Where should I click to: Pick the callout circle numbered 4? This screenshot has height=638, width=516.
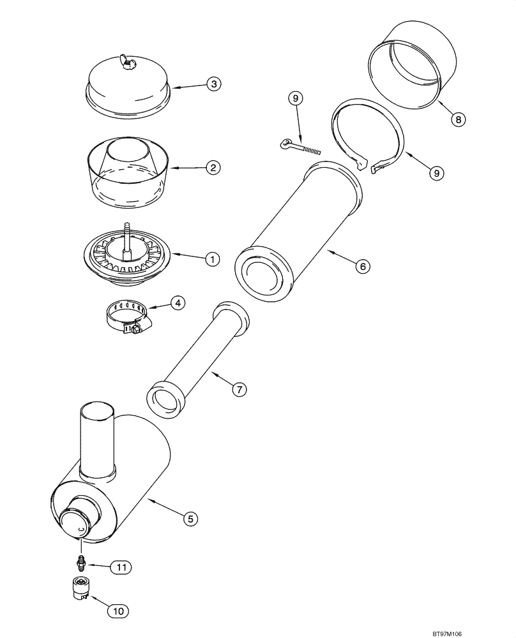(x=178, y=303)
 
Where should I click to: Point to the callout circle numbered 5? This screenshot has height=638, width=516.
(x=189, y=519)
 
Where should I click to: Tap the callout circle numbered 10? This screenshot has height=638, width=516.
(x=119, y=611)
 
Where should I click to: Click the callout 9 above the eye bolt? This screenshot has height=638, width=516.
(x=295, y=98)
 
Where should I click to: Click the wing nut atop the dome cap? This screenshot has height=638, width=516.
(x=126, y=63)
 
